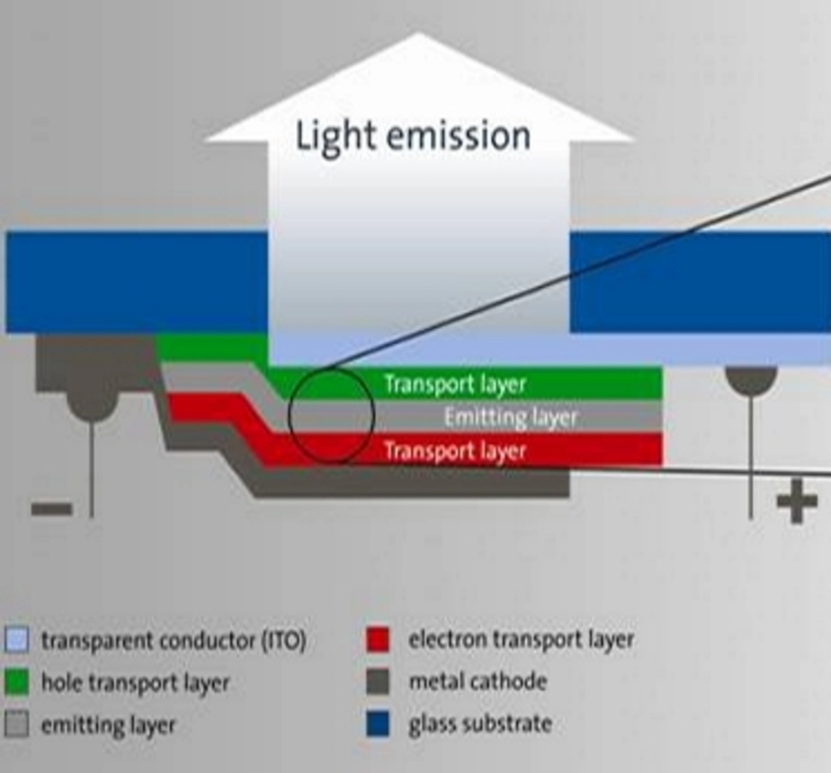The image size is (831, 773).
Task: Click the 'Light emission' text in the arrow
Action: tap(413, 136)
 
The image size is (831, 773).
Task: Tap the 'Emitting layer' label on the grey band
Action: tap(510, 417)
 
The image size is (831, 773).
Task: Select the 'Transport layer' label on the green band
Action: tap(455, 384)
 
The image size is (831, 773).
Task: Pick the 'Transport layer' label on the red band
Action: tap(455, 450)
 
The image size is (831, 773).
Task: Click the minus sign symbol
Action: tap(51, 508)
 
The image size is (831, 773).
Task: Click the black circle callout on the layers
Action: tap(331, 415)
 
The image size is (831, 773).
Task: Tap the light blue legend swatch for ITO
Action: tap(16, 640)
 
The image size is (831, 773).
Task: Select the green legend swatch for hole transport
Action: tap(16, 682)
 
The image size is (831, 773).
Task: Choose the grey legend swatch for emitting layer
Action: tap(16, 724)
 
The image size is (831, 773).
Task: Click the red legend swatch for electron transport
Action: tap(378, 639)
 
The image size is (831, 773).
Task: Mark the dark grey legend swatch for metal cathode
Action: tap(378, 681)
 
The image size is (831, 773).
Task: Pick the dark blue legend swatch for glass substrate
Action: tap(378, 724)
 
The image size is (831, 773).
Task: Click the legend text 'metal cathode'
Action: tap(478, 681)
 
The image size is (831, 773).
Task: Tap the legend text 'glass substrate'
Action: tap(480, 724)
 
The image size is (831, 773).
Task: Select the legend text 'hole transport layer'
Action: tap(136, 683)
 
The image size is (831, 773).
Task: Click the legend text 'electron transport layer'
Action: tap(521, 639)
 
